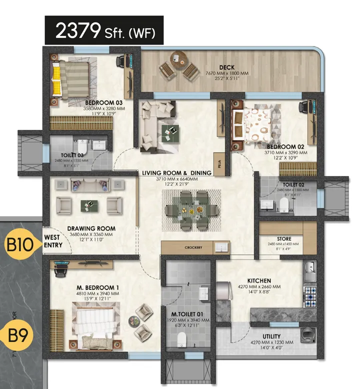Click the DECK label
click(x=226, y=67)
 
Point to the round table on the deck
click(x=177, y=58)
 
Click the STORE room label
click(x=284, y=239)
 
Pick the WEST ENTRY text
click(x=53, y=241)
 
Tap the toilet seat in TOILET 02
click(x=284, y=204)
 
